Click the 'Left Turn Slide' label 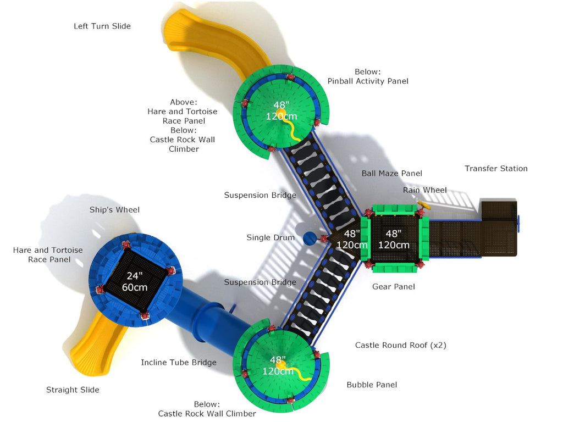102,26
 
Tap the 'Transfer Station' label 496,169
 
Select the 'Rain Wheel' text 424,190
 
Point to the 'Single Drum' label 270,238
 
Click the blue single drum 310,238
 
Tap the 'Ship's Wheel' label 114,210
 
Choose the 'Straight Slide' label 73,390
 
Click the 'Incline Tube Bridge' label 179,363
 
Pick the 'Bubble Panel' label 372,385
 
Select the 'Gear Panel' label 393,287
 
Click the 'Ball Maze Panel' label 391,174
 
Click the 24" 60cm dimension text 135,281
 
